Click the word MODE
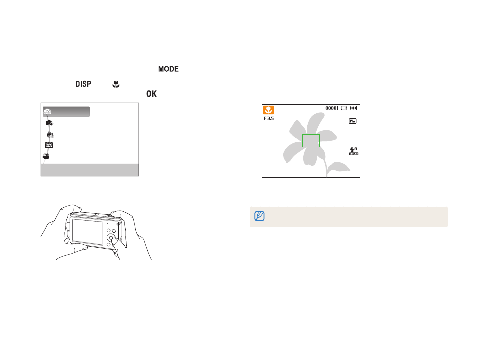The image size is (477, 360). click(x=168, y=69)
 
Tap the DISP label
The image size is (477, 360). click(x=83, y=84)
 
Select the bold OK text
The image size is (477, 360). click(x=152, y=94)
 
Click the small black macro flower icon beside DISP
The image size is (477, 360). click(x=116, y=84)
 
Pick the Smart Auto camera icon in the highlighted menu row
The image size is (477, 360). click(x=47, y=111)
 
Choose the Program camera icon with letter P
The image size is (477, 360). click(x=49, y=123)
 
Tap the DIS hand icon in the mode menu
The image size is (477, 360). click(x=50, y=134)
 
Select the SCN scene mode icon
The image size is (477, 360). click(x=49, y=145)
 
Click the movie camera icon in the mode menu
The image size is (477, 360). click(x=46, y=156)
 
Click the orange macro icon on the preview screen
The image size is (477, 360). click(x=268, y=110)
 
